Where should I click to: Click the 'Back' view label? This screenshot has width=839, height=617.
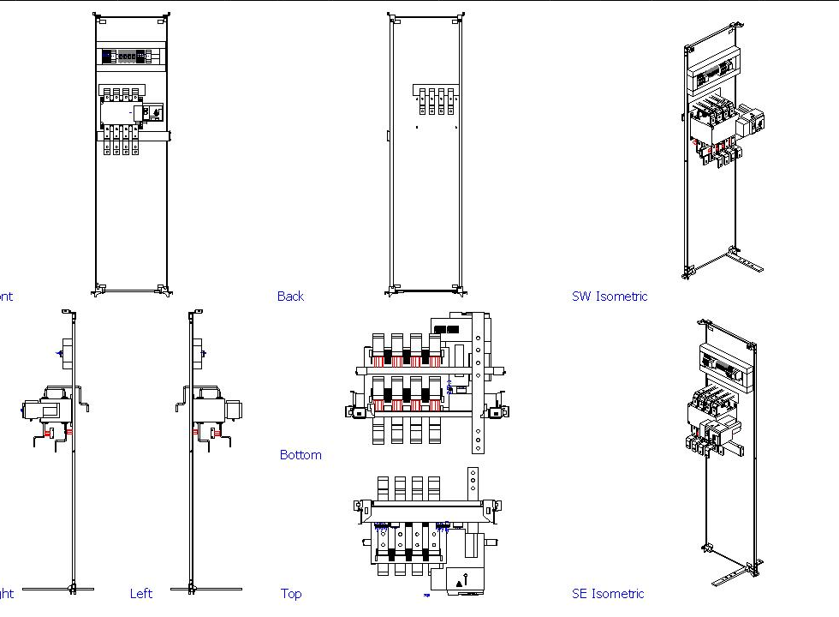tap(290, 297)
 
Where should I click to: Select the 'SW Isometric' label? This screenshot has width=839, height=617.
tap(610, 297)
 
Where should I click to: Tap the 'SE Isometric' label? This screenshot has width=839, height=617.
tap(608, 593)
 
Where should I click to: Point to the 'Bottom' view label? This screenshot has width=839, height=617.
tap(300, 455)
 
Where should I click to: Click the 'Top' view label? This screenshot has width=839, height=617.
tap(291, 593)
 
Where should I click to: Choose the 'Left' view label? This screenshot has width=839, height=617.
tap(141, 593)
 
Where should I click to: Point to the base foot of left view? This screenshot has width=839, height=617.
tap(205, 589)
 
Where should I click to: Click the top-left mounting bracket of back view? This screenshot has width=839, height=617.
tap(391, 17)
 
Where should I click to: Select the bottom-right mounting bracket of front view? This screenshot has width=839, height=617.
tap(162, 289)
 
